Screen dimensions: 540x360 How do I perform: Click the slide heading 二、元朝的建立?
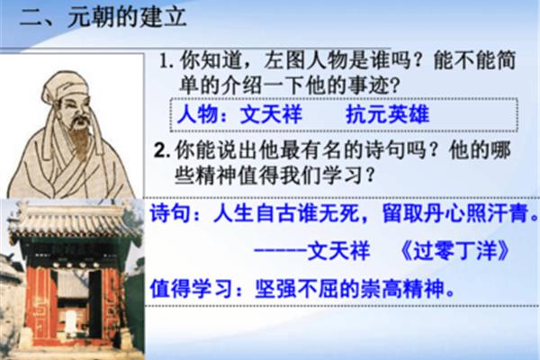103,17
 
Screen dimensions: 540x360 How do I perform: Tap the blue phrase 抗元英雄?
387,114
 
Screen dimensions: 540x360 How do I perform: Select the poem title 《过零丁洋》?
454,250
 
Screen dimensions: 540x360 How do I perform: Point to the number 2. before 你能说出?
162,150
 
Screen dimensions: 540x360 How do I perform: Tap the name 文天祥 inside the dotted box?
271,114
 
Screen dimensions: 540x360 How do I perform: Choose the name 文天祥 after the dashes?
338,250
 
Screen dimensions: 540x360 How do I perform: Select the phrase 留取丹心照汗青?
455,213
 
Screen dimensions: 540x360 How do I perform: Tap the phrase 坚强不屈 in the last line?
296,288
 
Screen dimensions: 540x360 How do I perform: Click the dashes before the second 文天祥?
280,250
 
